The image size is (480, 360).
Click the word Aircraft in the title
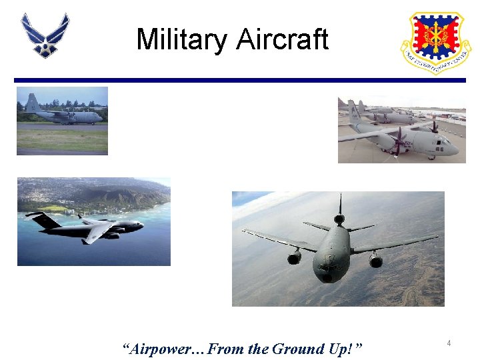click(282, 39)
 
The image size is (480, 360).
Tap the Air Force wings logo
click(45, 35)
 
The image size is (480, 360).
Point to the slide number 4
click(449, 343)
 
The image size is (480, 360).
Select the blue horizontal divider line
click(240, 80)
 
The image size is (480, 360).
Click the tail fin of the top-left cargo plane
click(31, 103)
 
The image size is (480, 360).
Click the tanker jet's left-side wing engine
click(294, 257)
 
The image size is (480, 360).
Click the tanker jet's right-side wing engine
click(376, 259)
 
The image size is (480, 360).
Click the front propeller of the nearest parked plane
click(399, 141)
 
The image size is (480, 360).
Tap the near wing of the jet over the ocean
click(97, 232)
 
